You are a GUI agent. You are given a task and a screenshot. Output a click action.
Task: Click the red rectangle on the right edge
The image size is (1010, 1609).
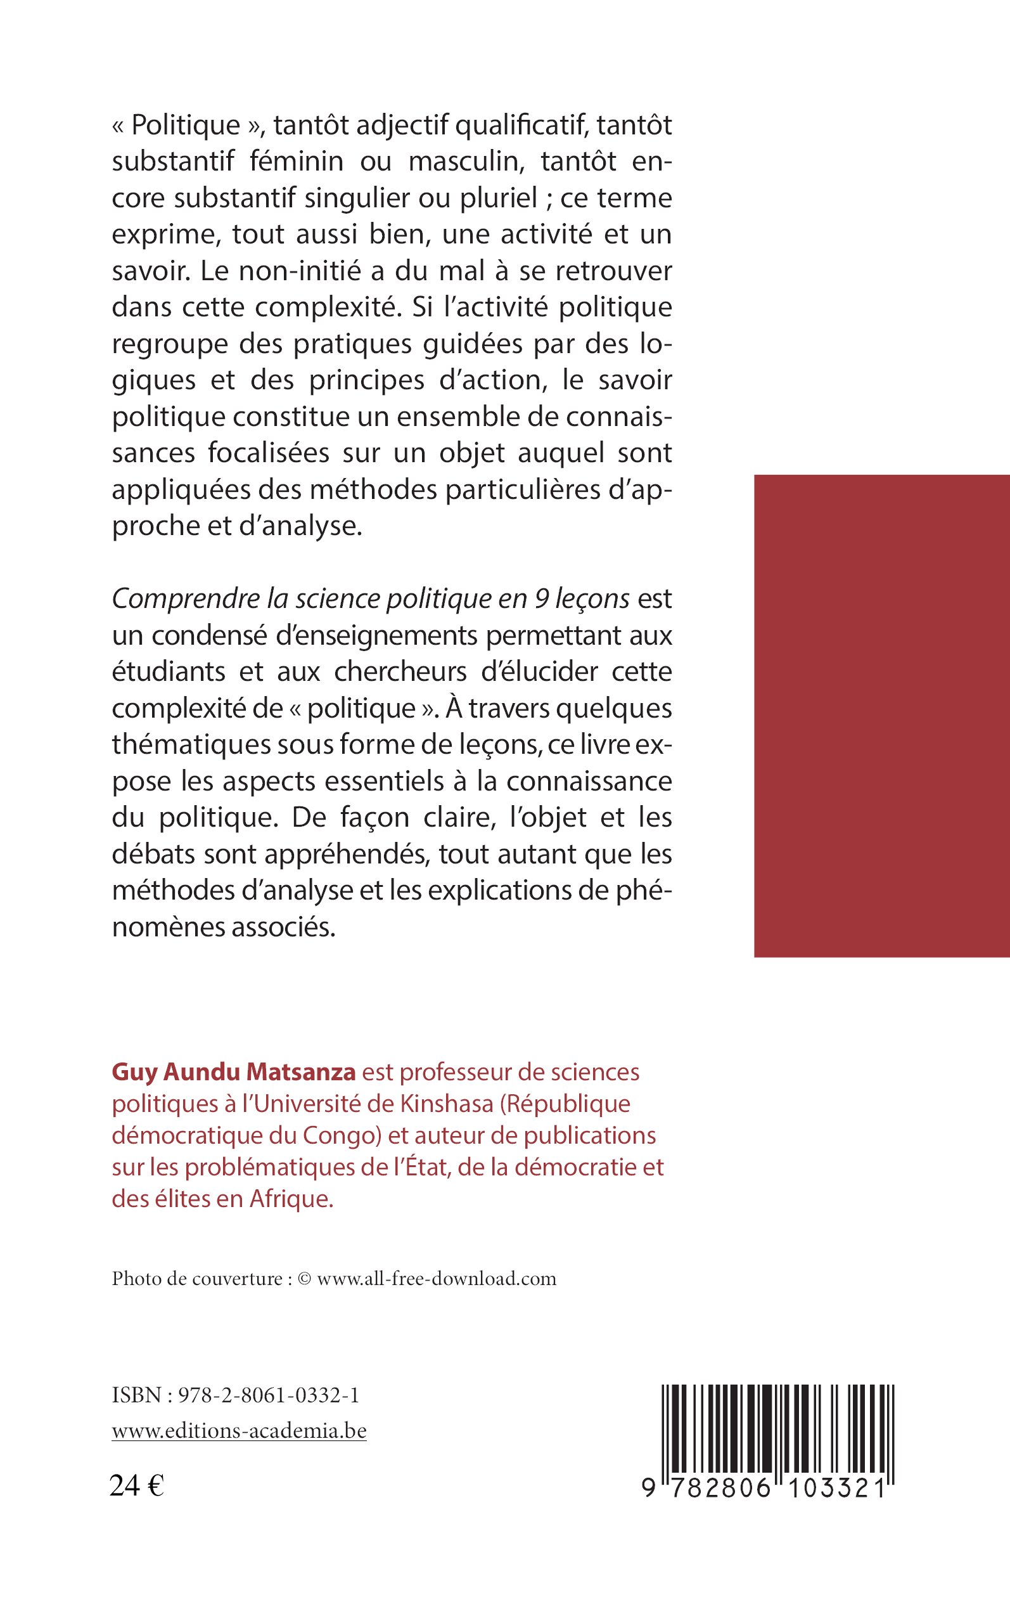pyautogui.click(x=882, y=716)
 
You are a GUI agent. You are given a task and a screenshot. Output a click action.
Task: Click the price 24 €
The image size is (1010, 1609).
pyautogui.click(x=137, y=1485)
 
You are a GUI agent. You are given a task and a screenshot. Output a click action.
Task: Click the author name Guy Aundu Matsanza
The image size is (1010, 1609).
pyautogui.click(x=234, y=1072)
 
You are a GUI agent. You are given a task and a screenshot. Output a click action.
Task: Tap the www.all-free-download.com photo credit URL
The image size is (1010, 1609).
pyautogui.click(x=436, y=1279)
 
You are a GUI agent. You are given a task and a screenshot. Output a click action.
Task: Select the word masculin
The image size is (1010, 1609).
pyautogui.click(x=463, y=162)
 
